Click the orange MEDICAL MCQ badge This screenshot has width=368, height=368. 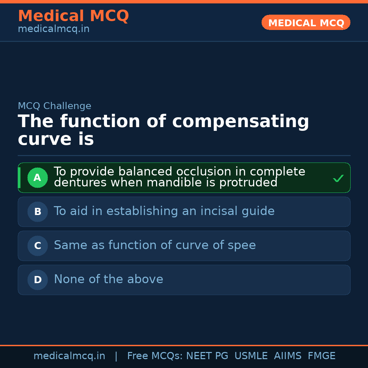point(306,22)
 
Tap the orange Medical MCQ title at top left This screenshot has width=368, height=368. point(73,16)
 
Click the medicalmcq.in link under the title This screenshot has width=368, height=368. point(53,29)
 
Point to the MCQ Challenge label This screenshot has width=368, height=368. point(55,106)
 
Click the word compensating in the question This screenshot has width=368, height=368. point(241,122)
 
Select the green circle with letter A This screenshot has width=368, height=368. point(37,178)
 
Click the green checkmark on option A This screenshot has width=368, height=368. point(338,178)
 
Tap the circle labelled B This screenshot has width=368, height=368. point(37,212)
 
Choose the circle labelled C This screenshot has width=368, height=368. point(37,246)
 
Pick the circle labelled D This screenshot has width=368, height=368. point(37,280)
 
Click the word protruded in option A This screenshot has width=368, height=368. point(248,183)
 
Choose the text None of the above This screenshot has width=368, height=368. point(108,279)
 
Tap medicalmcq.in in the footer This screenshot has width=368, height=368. point(69,356)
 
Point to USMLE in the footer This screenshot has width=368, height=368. point(251,356)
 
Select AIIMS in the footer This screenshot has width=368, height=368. point(288,356)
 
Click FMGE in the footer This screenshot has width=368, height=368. point(321,356)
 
